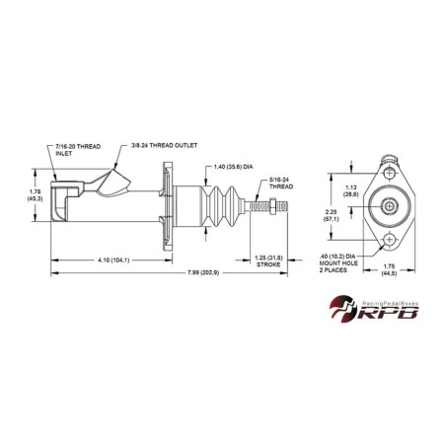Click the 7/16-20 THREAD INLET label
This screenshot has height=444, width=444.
[x=76, y=150]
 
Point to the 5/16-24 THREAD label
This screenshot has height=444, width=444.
[x=284, y=183]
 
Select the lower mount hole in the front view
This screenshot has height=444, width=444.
[x=391, y=240]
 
